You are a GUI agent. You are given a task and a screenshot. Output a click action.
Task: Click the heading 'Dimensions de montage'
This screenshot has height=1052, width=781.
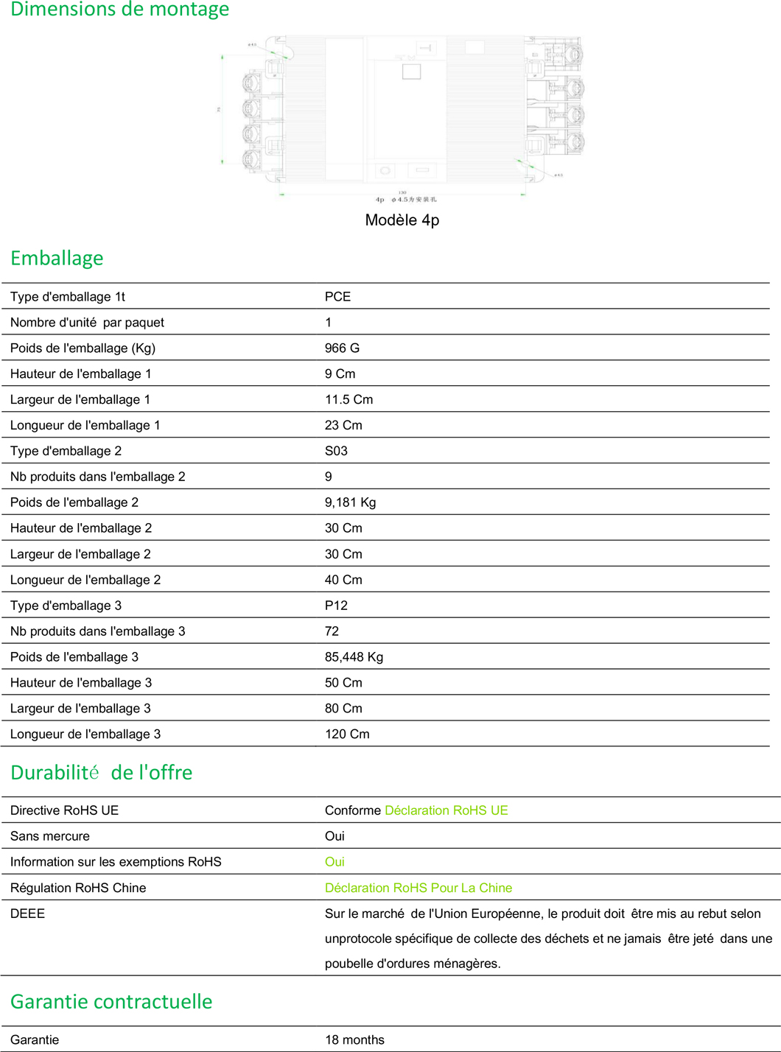click(x=119, y=10)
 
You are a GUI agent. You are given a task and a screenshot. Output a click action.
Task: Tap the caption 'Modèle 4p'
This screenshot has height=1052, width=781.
click(x=402, y=220)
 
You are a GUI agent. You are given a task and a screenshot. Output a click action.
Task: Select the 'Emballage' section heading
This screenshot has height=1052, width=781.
click(x=57, y=259)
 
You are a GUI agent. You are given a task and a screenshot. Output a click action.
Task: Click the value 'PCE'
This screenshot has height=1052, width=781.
click(x=337, y=297)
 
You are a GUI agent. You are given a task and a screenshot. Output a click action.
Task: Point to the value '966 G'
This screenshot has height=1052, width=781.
click(x=342, y=348)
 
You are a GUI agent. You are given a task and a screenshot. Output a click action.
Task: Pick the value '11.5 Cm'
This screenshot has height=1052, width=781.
click(x=349, y=400)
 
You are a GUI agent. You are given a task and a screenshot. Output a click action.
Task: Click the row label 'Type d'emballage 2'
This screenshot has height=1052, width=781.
click(x=66, y=451)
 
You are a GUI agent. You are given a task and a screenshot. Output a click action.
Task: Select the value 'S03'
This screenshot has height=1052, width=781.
click(x=336, y=451)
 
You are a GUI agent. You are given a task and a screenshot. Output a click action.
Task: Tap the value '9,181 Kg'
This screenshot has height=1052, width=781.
click(x=350, y=502)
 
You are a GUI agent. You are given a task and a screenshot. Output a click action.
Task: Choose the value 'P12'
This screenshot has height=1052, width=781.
click(x=336, y=606)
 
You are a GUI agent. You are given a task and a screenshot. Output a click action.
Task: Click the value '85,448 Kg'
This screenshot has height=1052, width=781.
click(x=354, y=657)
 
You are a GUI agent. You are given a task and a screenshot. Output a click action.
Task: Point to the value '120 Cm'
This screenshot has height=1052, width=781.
click(x=347, y=734)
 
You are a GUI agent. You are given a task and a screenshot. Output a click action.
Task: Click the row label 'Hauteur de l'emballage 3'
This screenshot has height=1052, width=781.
click(x=81, y=683)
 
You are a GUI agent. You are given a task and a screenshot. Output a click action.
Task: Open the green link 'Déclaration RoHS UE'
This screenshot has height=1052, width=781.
click(x=446, y=810)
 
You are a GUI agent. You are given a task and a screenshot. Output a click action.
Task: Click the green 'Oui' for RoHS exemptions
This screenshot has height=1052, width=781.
click(x=335, y=862)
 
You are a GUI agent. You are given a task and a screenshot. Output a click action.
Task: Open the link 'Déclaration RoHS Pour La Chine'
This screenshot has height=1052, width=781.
click(x=418, y=888)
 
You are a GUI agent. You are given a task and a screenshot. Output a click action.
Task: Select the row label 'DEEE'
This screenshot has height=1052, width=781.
click(x=27, y=914)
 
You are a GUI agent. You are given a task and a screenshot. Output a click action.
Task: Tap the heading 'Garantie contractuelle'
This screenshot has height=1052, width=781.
click(x=111, y=1002)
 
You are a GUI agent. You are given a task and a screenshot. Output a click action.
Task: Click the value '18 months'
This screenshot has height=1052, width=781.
click(x=354, y=1040)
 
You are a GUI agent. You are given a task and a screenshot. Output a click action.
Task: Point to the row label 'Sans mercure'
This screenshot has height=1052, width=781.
click(x=50, y=836)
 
